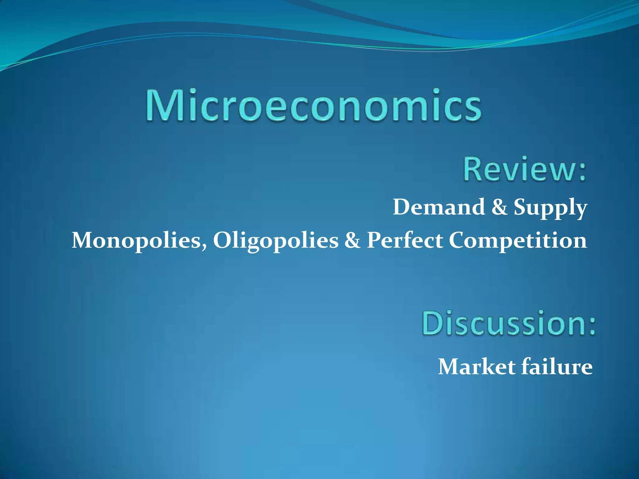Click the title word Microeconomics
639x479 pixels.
[x=314, y=105]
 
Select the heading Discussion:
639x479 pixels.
[x=509, y=323]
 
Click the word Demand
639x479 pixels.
[x=439, y=207]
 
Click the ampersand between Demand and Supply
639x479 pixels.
[x=499, y=207]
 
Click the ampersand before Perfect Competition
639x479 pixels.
[x=352, y=241]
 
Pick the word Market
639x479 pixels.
[x=477, y=367]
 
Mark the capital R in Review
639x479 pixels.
[x=473, y=169]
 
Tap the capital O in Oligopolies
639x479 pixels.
[x=223, y=241]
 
